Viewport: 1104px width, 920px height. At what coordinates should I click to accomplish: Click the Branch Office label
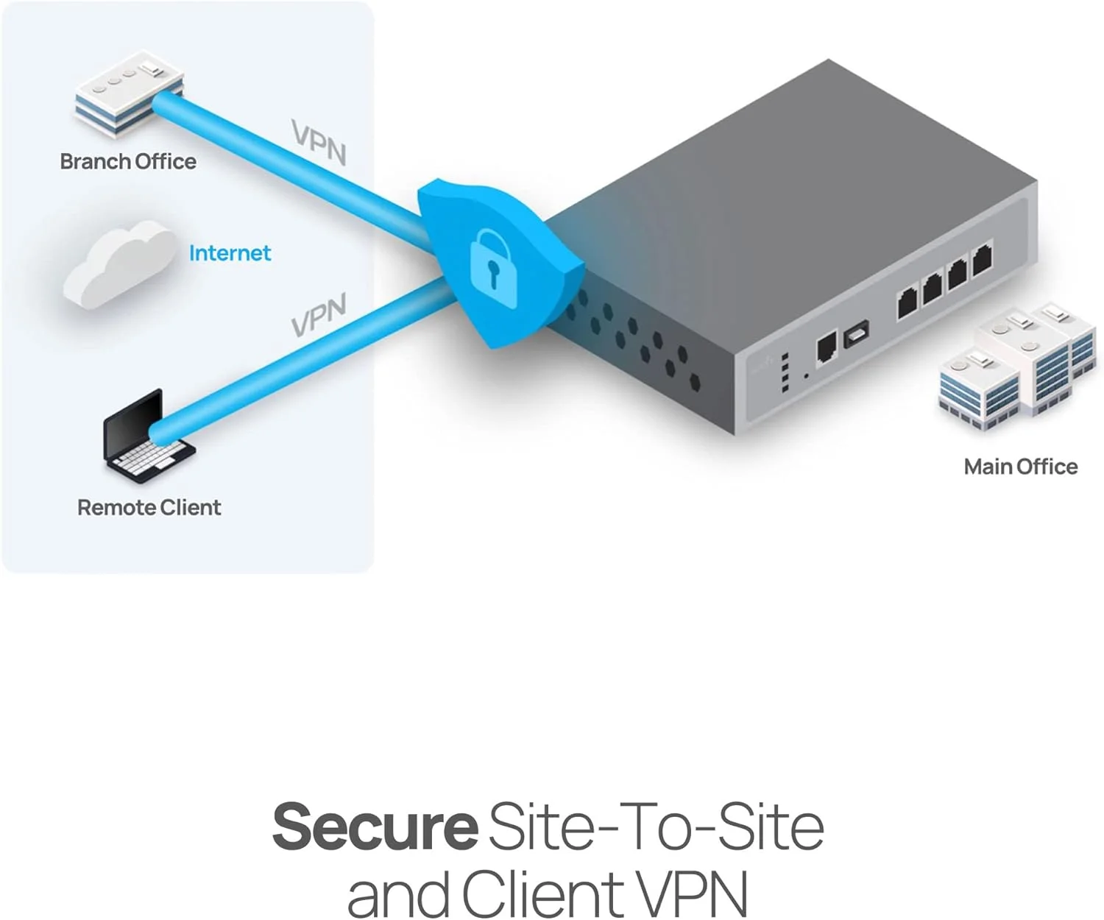pos(128,161)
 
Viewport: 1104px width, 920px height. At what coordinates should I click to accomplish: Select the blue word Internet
pos(230,253)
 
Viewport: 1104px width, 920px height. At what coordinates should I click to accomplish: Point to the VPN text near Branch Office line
pos(318,142)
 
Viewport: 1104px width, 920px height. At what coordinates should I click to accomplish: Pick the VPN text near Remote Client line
pos(318,316)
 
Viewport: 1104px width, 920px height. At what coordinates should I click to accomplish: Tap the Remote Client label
pos(149,507)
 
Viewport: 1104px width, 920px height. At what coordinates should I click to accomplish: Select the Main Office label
pos(1020,467)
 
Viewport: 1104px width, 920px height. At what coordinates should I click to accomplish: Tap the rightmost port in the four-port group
pos(982,260)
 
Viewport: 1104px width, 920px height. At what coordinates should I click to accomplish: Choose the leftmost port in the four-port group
pos(907,302)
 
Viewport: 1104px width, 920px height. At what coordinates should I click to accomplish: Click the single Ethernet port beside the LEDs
pos(827,346)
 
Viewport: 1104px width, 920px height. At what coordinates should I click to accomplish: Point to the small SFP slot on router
pos(856,333)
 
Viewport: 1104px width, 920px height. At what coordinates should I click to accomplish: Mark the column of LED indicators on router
pos(785,372)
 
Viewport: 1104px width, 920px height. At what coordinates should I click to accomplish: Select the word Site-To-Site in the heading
pos(656,827)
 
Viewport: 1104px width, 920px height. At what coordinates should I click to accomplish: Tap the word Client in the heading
pos(544,894)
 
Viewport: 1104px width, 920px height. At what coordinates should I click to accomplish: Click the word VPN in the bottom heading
pos(691,894)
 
